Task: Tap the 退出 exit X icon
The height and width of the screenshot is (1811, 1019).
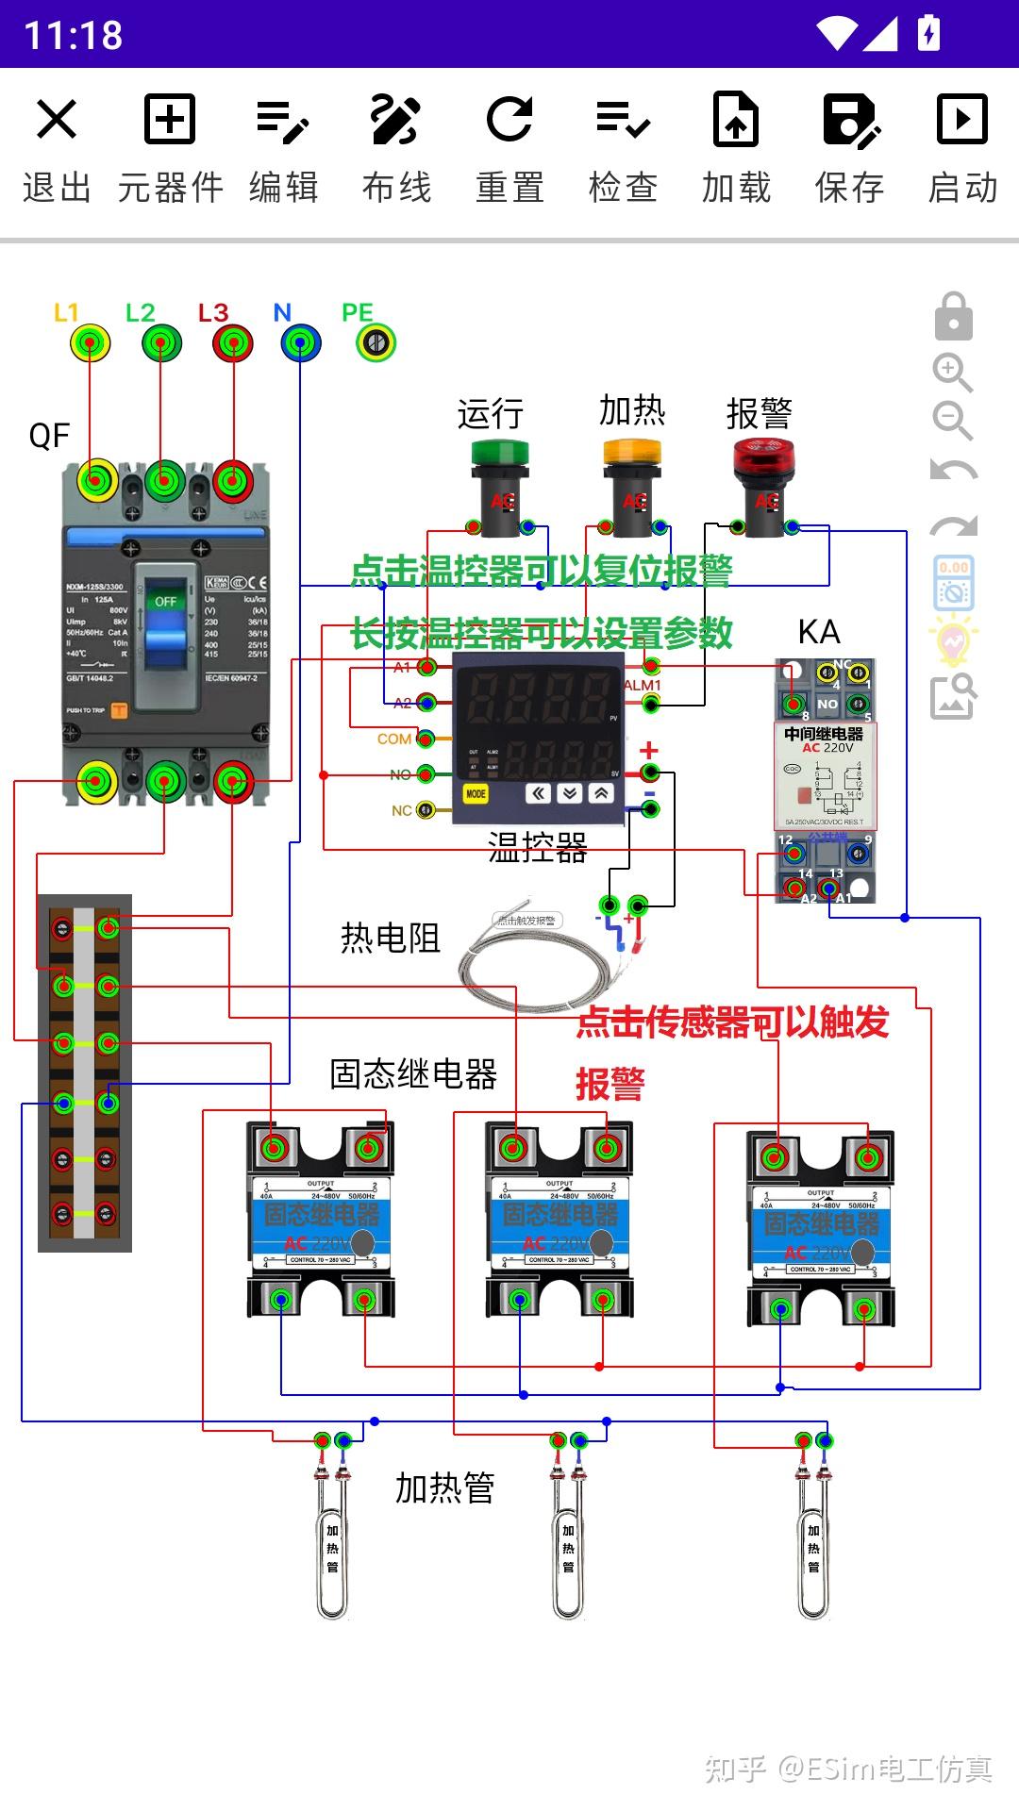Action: coord(57,120)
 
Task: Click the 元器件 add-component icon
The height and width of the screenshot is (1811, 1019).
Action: coord(170,120)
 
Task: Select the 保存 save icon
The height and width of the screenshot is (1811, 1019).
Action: coord(850,120)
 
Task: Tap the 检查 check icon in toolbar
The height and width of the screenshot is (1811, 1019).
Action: coord(623,120)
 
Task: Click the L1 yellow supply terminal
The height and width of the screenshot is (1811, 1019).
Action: coord(90,342)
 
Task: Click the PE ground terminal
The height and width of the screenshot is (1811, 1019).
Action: coord(376,342)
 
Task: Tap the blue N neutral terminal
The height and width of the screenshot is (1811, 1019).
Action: coord(300,342)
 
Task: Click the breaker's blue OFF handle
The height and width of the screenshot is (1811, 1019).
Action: coord(165,632)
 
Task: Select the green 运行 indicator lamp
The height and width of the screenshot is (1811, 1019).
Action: coord(491,472)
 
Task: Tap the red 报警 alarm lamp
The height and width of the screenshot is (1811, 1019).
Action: coord(763,472)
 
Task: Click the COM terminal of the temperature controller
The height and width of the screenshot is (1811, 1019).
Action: coord(426,738)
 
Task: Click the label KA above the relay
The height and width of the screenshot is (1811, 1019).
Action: coord(818,631)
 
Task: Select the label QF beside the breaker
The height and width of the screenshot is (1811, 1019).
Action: coord(49,436)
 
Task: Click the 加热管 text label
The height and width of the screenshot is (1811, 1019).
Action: coord(444,1488)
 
